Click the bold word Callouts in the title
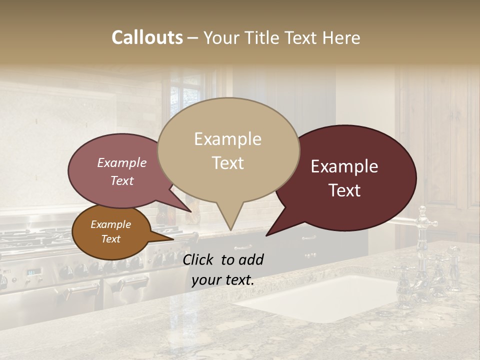pos(147,37)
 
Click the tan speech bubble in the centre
pos(228,150)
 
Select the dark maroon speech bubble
pos(350,177)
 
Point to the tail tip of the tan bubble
pos(230,230)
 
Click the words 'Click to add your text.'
pos(222,270)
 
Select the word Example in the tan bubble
pos(227,139)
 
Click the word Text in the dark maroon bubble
pos(345,190)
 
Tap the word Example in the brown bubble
pos(110,224)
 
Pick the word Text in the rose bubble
pos(122,181)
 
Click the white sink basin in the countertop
pos(320,297)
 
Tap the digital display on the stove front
pos(34,272)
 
